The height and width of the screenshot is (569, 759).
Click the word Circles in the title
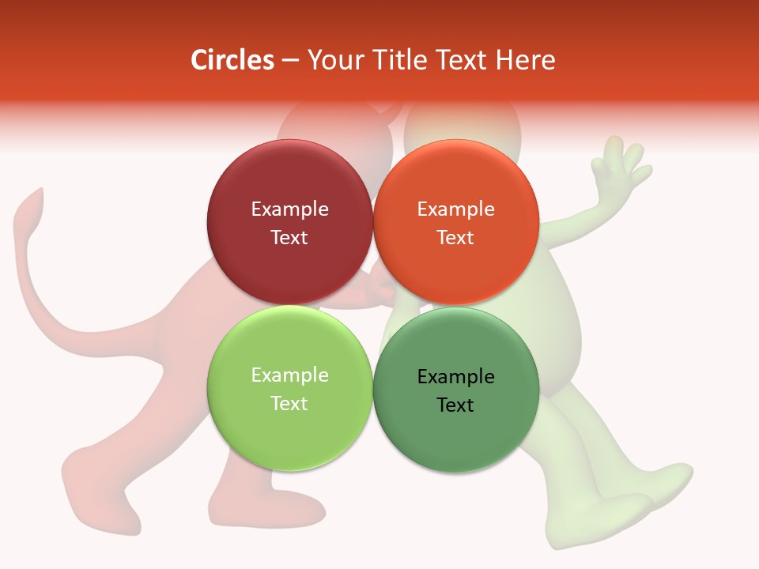tap(232, 60)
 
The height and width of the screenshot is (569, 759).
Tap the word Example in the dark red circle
tap(289, 209)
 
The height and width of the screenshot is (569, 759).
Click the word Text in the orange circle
tap(455, 238)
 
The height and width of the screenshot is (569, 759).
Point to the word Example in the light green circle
tap(289, 375)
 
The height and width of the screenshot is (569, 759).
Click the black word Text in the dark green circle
tap(455, 405)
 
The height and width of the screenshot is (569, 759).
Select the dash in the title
tap(290, 61)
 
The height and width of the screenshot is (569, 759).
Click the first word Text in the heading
tap(459, 60)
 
